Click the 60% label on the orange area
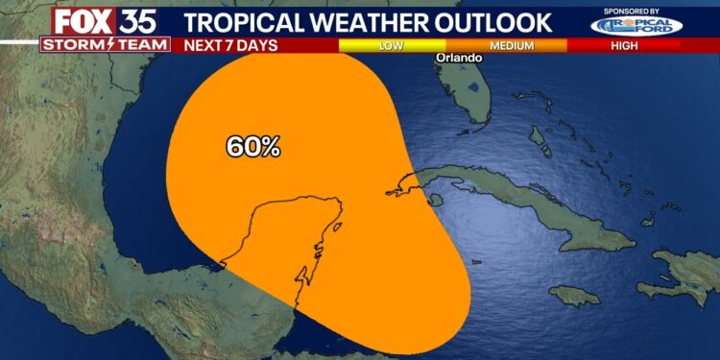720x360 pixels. click(253, 146)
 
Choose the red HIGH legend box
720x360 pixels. click(623, 44)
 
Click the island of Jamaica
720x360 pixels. click(575, 296)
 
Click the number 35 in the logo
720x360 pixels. click(137, 21)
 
